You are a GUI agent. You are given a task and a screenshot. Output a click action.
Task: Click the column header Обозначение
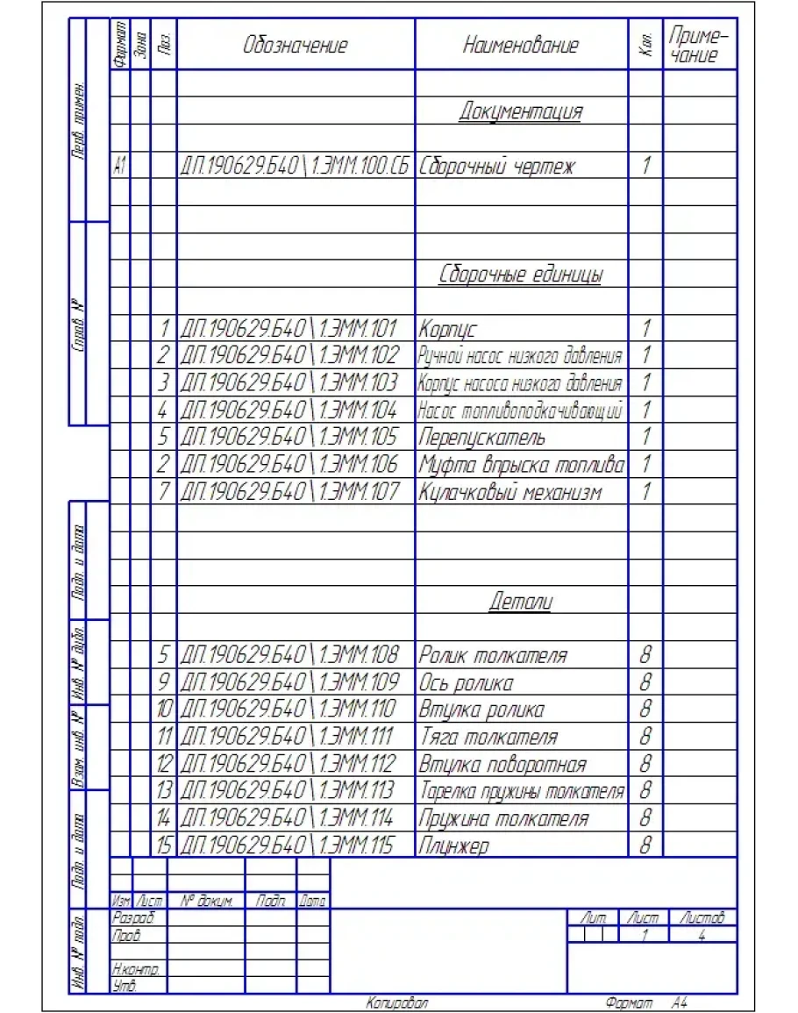pos(295,46)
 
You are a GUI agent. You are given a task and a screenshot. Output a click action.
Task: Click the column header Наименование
pos(521,46)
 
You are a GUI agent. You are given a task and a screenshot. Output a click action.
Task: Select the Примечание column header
pos(699,45)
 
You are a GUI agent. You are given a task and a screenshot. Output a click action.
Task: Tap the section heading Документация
pos(521,111)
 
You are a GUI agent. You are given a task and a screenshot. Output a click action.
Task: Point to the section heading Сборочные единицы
pos(521,275)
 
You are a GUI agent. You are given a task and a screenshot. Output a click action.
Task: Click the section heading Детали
pos(521,602)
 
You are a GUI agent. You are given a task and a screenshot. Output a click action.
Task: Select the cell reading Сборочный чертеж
pos(497,166)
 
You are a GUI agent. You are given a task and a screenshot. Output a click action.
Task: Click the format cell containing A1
pos(120,166)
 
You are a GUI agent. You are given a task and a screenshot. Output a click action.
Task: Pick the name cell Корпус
pos(447,330)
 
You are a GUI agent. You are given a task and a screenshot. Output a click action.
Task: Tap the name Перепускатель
pos(481,438)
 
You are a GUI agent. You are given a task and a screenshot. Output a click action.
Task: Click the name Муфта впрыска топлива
pos(521,465)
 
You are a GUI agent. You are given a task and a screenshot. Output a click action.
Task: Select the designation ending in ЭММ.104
pos(289,410)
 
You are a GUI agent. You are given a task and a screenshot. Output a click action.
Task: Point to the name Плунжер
pos(453,846)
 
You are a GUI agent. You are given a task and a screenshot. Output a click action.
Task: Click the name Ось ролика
pos(466,682)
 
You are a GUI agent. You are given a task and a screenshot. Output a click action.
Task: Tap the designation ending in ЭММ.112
pos(289,765)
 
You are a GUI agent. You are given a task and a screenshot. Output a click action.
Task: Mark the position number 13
pos(164,792)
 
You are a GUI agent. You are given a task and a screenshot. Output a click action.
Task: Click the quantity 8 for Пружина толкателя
pos(645,819)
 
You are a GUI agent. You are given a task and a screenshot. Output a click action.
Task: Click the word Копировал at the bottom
pos(396,1002)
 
